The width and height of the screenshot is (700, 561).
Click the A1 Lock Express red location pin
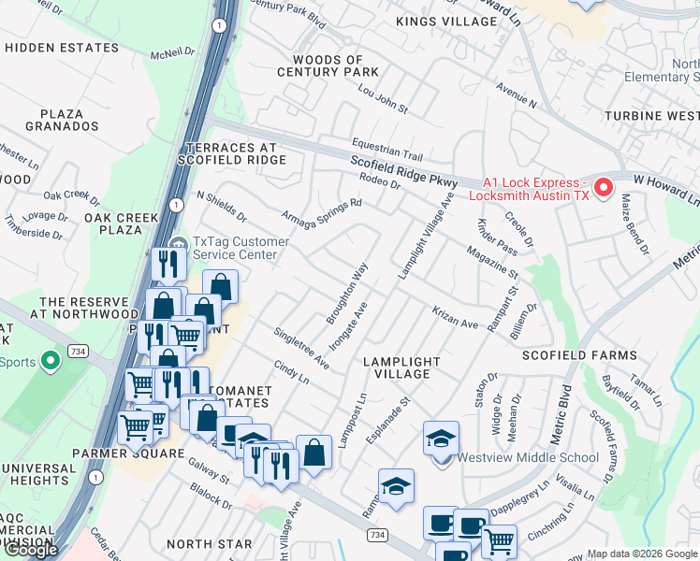pos(604,187)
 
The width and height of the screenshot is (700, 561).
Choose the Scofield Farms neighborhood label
pos(579,355)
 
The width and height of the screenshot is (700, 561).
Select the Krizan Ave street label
pos(456,317)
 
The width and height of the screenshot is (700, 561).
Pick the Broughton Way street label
pos(347,294)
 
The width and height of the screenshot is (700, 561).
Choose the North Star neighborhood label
pos(209,543)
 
